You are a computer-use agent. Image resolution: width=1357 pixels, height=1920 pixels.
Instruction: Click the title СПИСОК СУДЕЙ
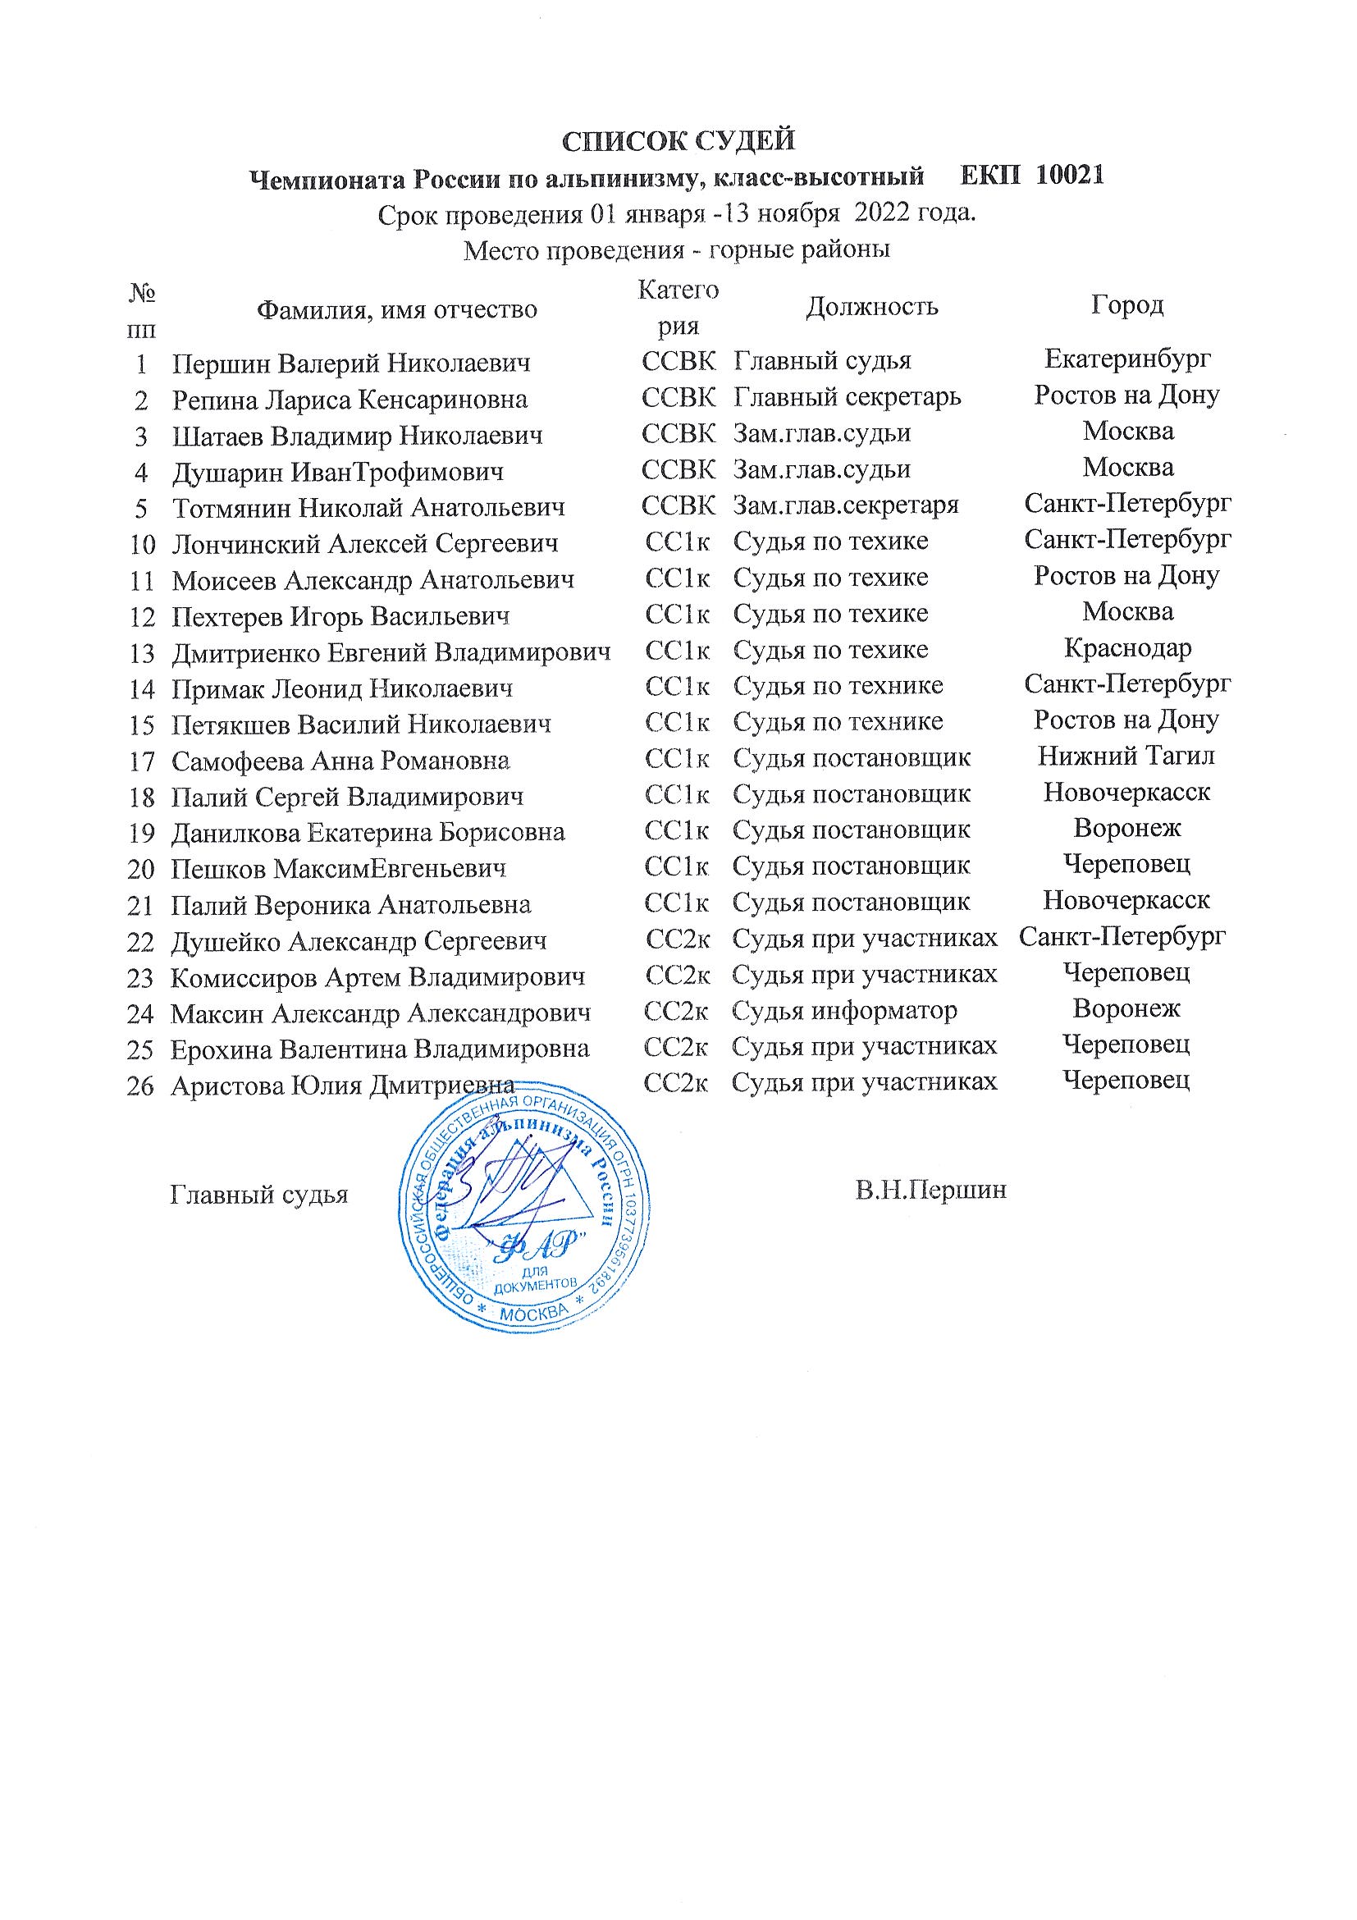click(677, 140)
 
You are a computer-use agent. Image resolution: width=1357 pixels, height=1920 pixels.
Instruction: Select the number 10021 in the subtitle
click(1069, 176)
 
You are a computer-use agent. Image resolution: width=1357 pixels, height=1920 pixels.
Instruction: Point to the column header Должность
click(871, 307)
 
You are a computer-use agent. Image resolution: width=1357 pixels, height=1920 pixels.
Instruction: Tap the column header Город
click(1126, 305)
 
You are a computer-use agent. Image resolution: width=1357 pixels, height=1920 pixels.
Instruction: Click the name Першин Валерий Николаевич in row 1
click(351, 363)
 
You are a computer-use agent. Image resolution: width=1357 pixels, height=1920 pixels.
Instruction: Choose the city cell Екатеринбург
click(1127, 359)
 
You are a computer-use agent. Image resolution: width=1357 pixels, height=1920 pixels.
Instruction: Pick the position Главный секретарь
click(847, 395)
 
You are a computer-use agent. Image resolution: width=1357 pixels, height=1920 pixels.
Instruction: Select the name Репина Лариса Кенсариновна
click(350, 399)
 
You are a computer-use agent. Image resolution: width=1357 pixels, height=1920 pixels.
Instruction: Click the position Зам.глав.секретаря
click(845, 505)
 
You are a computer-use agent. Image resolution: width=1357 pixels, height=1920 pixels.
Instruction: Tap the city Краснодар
click(1127, 648)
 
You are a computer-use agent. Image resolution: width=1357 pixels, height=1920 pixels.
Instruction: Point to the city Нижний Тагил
click(1126, 757)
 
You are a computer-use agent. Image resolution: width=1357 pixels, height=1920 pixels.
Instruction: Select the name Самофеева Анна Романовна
click(340, 760)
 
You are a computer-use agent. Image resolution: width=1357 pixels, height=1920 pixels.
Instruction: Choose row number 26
click(139, 1086)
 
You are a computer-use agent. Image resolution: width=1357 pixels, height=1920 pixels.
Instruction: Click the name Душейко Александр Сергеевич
click(359, 941)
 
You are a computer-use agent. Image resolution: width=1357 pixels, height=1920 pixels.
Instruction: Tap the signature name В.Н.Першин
click(930, 1190)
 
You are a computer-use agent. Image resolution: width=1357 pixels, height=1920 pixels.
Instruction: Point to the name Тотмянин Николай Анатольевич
click(368, 507)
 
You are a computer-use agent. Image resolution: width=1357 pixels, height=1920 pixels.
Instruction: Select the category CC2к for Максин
click(676, 1011)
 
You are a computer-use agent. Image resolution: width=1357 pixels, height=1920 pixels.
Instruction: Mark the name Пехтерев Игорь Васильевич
click(340, 616)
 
